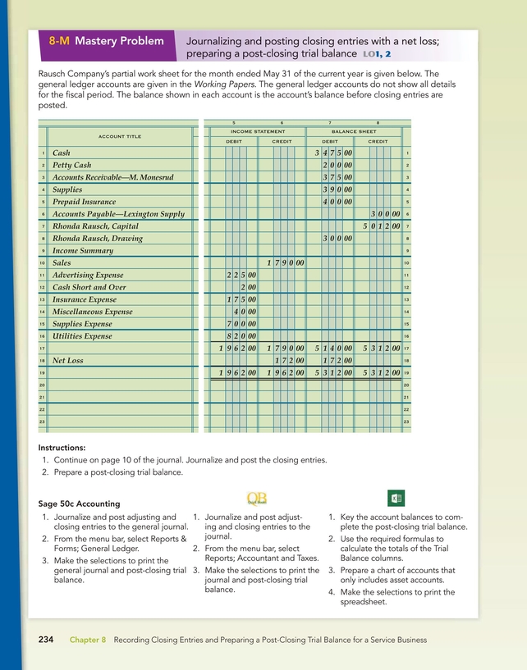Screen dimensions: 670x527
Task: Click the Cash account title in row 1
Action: point(61,153)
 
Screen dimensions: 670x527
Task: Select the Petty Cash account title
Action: point(71,166)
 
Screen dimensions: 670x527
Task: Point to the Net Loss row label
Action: point(68,359)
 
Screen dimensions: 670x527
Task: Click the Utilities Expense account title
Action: point(83,336)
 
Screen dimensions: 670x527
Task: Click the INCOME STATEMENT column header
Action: point(258,131)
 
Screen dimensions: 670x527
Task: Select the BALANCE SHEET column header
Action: point(354,131)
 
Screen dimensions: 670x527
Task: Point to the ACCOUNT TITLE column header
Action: point(120,136)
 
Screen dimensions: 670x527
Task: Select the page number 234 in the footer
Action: point(47,639)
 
